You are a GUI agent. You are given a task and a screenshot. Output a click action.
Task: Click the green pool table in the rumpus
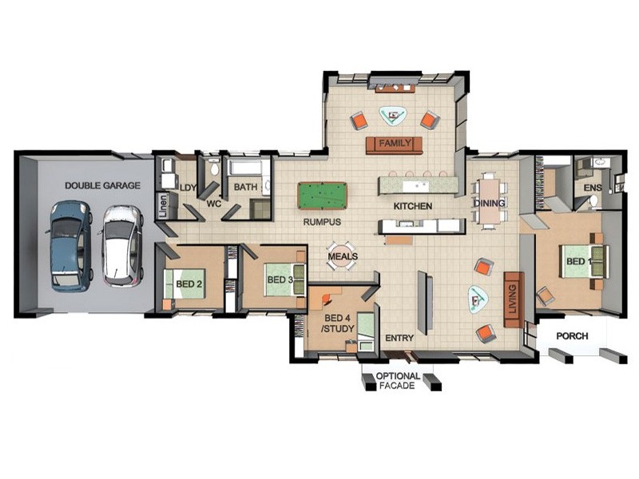click(322, 196)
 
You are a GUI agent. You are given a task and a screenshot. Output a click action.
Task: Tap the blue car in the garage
click(71, 245)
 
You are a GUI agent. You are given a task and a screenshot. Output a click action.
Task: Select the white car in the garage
click(122, 246)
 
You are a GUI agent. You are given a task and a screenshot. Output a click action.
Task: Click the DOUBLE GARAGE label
click(103, 186)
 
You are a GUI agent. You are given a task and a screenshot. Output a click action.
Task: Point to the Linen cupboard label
click(163, 205)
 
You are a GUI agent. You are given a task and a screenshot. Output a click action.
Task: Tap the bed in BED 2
click(185, 284)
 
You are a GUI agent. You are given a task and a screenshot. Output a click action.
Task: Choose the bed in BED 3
click(285, 280)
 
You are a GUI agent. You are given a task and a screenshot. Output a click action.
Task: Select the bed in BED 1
click(584, 261)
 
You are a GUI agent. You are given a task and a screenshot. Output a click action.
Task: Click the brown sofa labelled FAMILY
click(394, 144)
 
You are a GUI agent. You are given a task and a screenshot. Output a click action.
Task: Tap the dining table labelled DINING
click(490, 201)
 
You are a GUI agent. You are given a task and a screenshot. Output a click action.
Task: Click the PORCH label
click(572, 336)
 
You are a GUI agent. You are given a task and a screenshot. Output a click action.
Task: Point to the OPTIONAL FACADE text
click(397, 381)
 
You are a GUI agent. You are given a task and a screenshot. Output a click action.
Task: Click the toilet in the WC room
click(214, 168)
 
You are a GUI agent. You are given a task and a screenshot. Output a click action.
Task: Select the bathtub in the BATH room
click(245, 168)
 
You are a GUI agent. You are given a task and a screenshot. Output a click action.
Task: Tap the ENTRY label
click(399, 338)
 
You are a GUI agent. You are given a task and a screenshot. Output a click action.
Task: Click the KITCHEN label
click(413, 206)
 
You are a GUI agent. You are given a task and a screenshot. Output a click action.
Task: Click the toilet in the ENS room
click(593, 201)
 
